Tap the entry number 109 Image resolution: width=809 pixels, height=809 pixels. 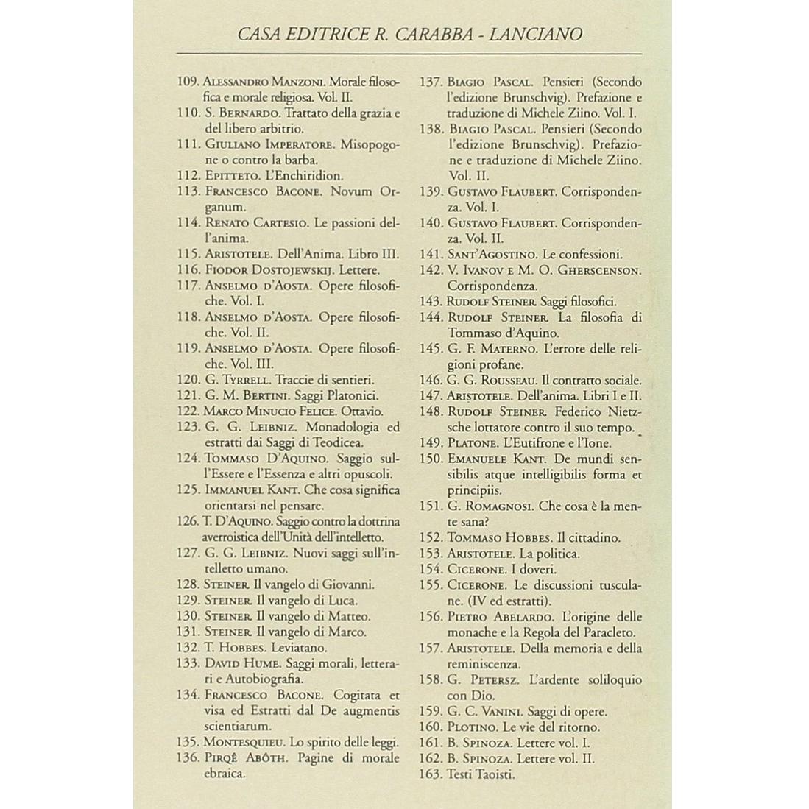coord(189,81)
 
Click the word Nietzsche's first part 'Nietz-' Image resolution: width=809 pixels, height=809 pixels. coord(621,412)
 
